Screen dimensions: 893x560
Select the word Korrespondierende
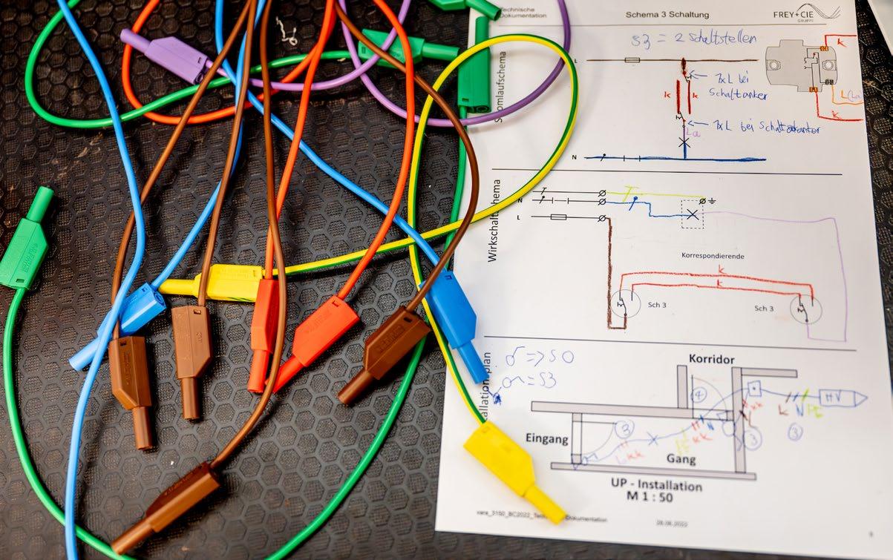(713, 256)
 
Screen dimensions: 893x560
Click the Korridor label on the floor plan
(711, 359)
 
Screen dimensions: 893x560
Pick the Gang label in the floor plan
(681, 460)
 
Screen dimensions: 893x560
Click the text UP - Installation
(656, 486)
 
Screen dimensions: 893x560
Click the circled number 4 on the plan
(699, 395)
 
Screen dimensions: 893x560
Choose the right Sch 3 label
(764, 309)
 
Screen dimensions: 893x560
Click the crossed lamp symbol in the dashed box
(693, 214)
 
